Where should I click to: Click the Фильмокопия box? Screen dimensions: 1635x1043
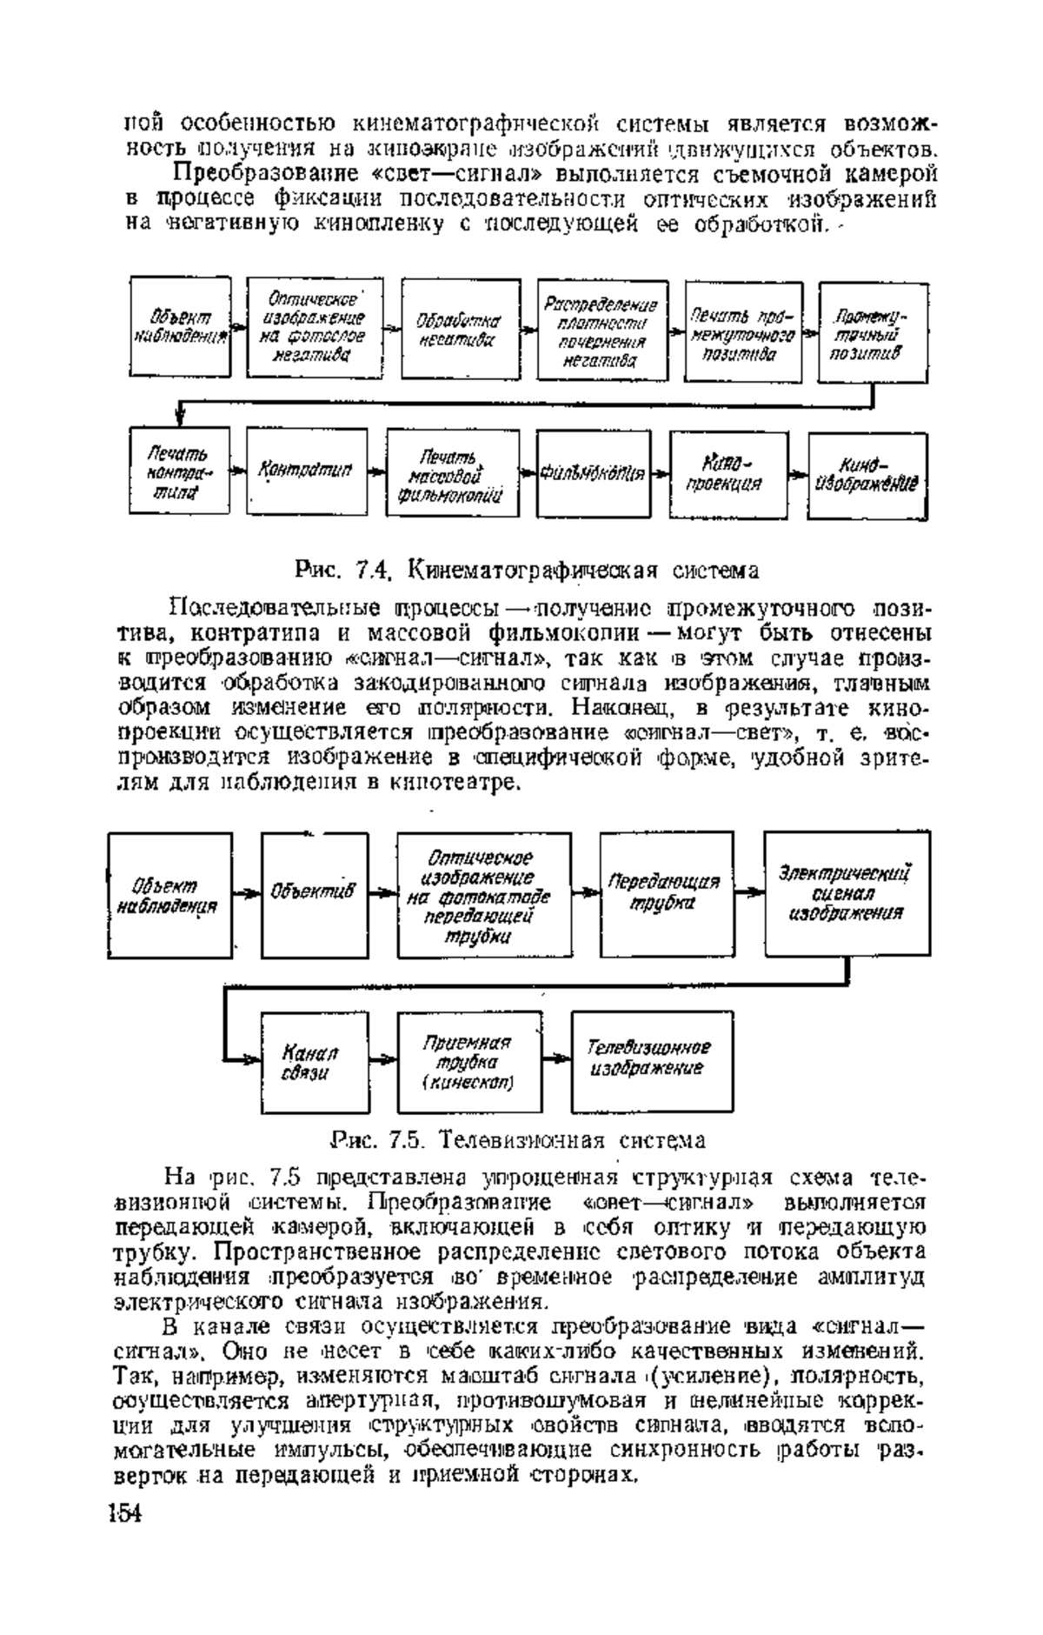(x=594, y=474)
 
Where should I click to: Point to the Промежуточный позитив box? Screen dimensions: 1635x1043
(x=872, y=331)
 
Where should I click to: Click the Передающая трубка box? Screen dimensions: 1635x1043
(x=665, y=893)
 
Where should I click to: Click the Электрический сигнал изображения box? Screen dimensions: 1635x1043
(x=846, y=892)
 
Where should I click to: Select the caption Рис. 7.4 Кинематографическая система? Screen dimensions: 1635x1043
(x=528, y=571)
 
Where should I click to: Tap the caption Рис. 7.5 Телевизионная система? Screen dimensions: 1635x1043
(x=518, y=1140)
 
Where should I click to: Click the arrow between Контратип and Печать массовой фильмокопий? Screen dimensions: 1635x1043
(x=374, y=472)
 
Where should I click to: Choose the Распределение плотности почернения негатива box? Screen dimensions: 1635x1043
(x=599, y=330)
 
